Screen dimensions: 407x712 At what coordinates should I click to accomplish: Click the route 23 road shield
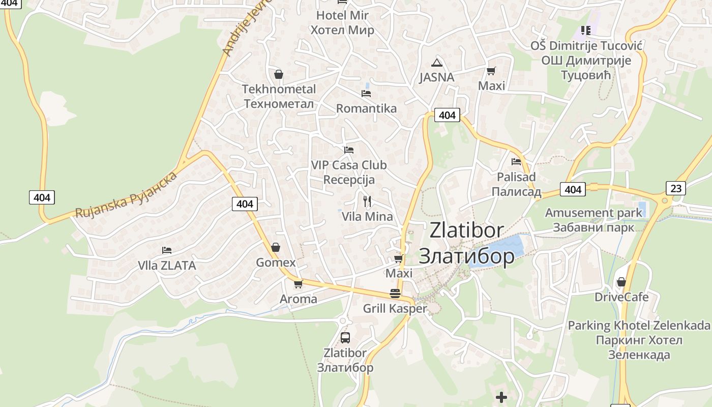(x=676, y=188)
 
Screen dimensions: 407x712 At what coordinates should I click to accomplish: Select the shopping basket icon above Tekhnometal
(x=278, y=74)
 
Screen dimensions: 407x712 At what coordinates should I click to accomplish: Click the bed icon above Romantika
(x=366, y=93)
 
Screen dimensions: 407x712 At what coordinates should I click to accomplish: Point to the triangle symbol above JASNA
(x=436, y=63)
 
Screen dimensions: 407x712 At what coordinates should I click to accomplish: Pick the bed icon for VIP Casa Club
(x=348, y=150)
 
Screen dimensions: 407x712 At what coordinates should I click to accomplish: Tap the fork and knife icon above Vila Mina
(x=367, y=201)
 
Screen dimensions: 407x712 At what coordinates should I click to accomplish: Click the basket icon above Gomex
(x=275, y=247)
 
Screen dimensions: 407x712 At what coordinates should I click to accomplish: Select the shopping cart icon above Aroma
(x=298, y=284)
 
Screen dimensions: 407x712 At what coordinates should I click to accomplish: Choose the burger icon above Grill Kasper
(x=395, y=293)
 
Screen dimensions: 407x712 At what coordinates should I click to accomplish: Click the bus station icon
(x=345, y=337)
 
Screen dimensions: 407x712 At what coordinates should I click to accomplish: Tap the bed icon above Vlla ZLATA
(x=166, y=250)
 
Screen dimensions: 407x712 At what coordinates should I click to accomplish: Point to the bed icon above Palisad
(x=516, y=162)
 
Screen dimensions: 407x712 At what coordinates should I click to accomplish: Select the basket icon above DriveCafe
(x=621, y=281)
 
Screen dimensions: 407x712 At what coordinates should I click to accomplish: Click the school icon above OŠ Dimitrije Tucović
(x=585, y=31)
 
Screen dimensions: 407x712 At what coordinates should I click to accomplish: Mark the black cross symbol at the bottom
(x=501, y=397)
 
